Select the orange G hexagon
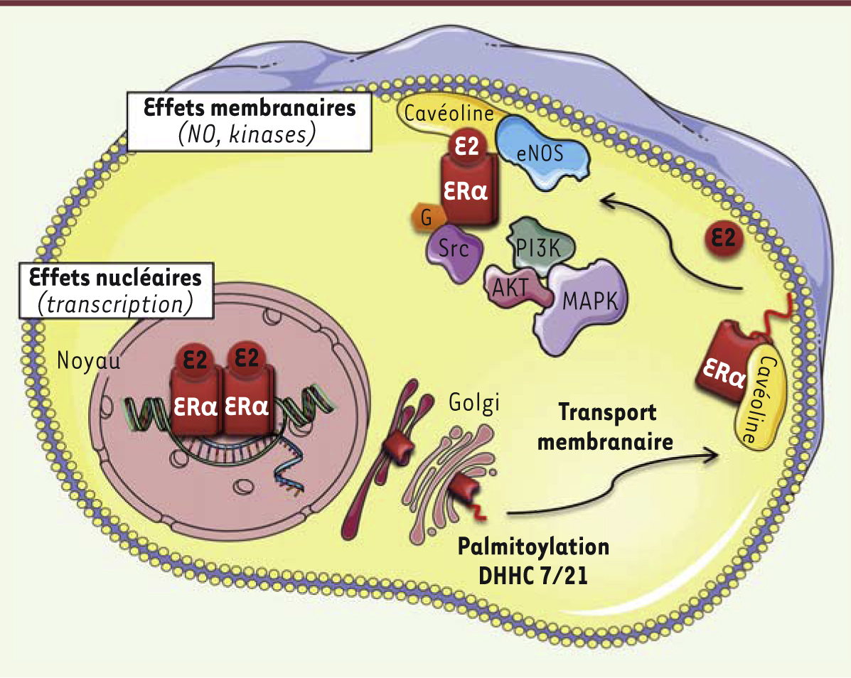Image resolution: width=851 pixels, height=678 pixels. (425, 218)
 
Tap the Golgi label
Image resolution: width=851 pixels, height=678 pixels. (473, 403)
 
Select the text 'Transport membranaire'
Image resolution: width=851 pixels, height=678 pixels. (606, 426)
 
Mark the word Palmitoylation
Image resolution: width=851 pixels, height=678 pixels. (533, 547)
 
